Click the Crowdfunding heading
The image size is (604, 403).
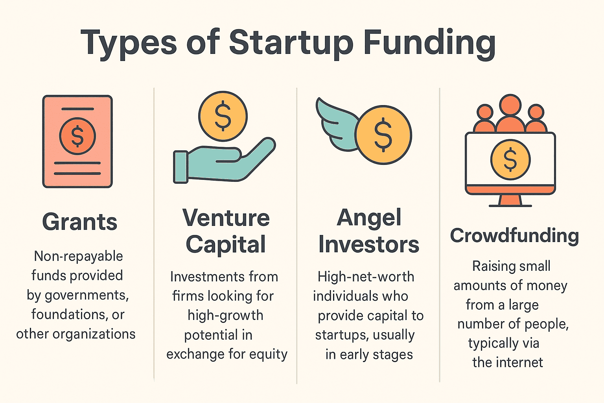[514, 235]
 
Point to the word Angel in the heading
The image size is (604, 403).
[369, 218]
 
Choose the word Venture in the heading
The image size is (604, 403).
[226, 218]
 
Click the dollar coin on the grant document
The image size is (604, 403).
[77, 136]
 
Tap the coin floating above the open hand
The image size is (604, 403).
[223, 116]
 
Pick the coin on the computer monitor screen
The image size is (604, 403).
[510, 159]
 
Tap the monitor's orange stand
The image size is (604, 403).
[510, 200]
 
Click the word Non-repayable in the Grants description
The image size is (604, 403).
[78, 256]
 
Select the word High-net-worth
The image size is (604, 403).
[366, 277]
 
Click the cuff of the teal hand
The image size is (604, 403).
[181, 167]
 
